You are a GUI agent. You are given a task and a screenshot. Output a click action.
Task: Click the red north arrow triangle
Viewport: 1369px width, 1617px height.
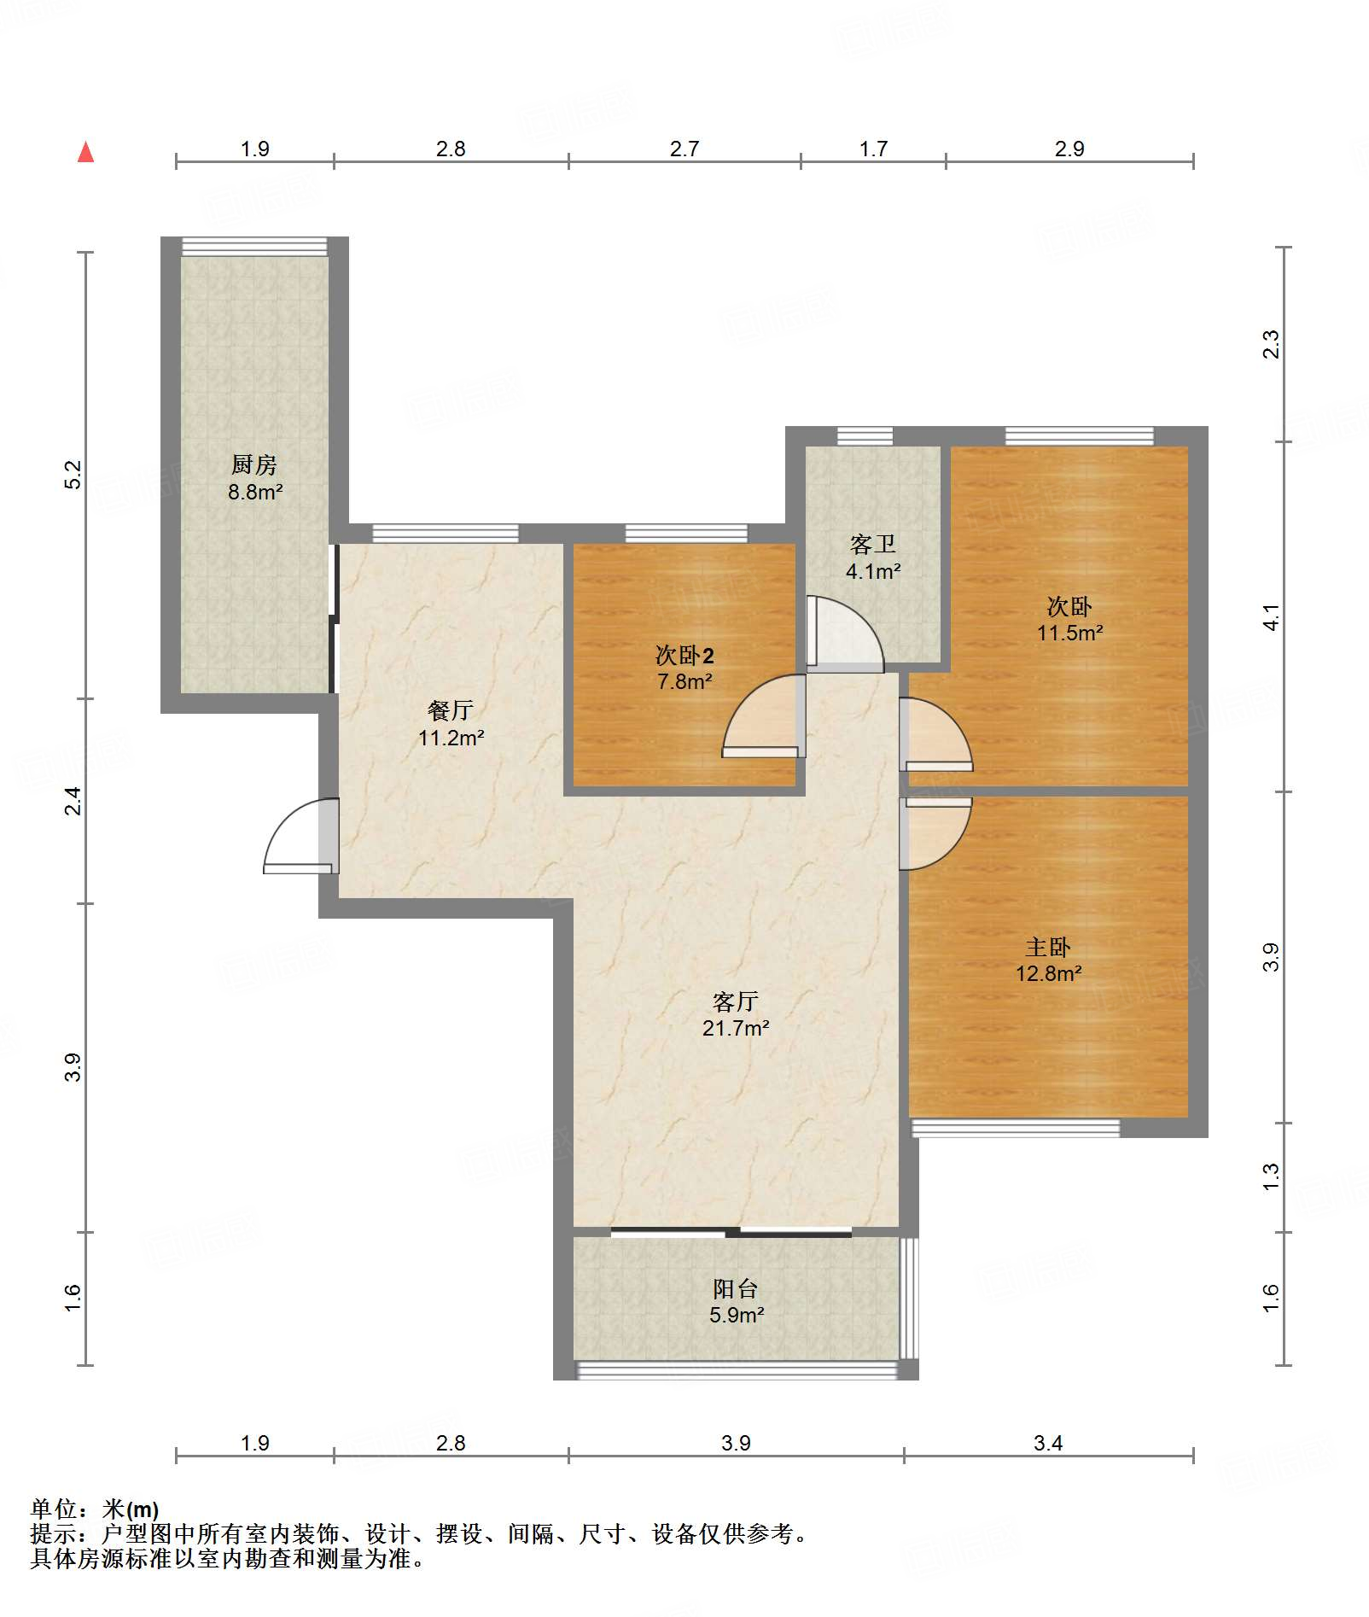pos(85,152)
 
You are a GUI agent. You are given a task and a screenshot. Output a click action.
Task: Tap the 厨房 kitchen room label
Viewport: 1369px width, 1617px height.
pos(254,464)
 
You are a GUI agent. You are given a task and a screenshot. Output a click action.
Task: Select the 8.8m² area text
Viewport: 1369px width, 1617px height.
pos(255,492)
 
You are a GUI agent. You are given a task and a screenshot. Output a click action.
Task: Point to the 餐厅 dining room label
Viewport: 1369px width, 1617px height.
pos(451,709)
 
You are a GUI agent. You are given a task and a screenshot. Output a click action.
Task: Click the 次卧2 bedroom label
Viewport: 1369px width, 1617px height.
pos(684,655)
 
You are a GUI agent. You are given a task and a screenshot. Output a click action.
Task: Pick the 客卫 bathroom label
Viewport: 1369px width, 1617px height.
pos(872,544)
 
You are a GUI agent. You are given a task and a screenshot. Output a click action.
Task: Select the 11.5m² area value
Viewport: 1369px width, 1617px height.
pos(1069,633)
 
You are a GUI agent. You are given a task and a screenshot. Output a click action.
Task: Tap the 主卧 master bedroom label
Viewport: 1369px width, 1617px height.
pos(1048,947)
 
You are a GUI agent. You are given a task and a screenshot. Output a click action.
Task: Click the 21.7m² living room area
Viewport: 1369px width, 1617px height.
pos(736,1028)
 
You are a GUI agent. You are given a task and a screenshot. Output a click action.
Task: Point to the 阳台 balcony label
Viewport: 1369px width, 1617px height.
pos(736,1288)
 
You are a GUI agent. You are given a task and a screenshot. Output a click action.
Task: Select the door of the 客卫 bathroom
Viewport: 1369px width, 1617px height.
pos(845,634)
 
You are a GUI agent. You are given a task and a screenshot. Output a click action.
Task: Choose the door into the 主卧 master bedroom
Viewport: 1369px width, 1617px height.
pos(936,834)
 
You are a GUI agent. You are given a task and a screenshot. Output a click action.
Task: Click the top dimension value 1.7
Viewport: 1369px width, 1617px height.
pos(873,149)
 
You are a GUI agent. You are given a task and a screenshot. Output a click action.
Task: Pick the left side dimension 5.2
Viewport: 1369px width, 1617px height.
pos(73,475)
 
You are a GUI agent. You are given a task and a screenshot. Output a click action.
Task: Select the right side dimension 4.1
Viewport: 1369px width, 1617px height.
pos(1271,616)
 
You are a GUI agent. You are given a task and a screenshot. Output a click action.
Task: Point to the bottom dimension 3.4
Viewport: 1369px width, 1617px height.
pos(1048,1443)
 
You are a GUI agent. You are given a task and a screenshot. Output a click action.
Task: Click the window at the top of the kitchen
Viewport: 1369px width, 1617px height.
pos(254,246)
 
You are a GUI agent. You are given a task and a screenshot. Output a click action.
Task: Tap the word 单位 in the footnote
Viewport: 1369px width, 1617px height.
pos(54,1510)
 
